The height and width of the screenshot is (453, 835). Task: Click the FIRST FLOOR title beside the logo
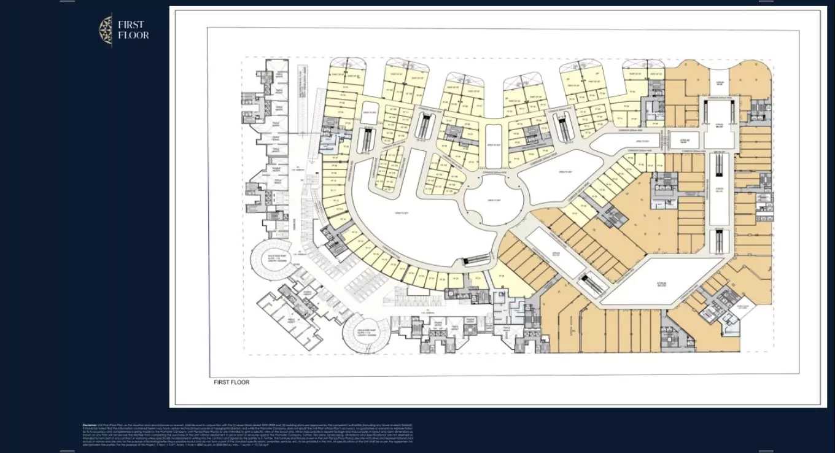133,29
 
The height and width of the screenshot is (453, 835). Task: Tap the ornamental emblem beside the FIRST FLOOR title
106,30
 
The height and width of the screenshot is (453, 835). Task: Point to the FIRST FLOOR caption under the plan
231,382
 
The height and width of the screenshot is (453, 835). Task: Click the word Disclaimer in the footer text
90,425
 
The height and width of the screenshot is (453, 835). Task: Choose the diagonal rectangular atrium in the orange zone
555,252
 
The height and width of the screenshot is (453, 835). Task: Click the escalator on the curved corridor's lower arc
474,261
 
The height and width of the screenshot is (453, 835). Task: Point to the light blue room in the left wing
327,145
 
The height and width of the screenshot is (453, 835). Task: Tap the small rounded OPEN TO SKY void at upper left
368,113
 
